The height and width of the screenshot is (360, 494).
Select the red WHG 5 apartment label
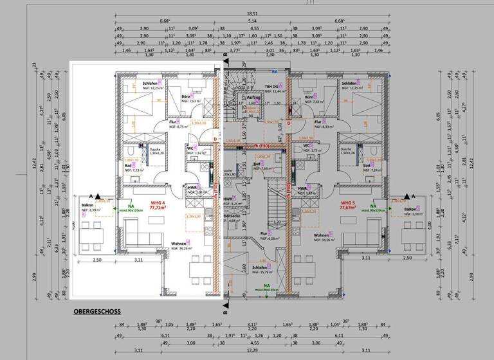347,202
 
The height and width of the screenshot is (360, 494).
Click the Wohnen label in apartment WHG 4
179,244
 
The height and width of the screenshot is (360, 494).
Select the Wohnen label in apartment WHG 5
322,236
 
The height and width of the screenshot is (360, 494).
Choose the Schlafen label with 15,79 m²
260,267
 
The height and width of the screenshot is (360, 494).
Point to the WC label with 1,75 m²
307,145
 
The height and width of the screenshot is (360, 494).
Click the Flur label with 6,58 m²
264,234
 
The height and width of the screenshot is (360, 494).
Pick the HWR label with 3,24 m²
227,199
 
